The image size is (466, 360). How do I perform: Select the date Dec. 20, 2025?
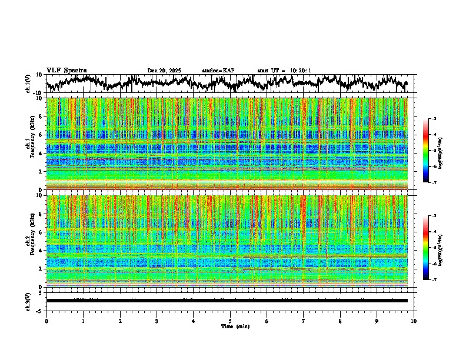tap(164, 71)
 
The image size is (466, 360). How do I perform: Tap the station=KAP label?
tap(218, 71)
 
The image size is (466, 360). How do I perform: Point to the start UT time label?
tap(284, 71)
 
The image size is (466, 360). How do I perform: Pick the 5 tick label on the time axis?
tap(230, 321)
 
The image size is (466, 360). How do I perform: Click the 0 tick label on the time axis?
tap(46, 321)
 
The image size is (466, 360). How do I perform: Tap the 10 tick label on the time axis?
tap(414, 321)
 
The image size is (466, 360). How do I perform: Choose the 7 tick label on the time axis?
tap(304, 321)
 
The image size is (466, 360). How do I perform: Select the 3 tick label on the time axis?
tap(157, 321)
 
